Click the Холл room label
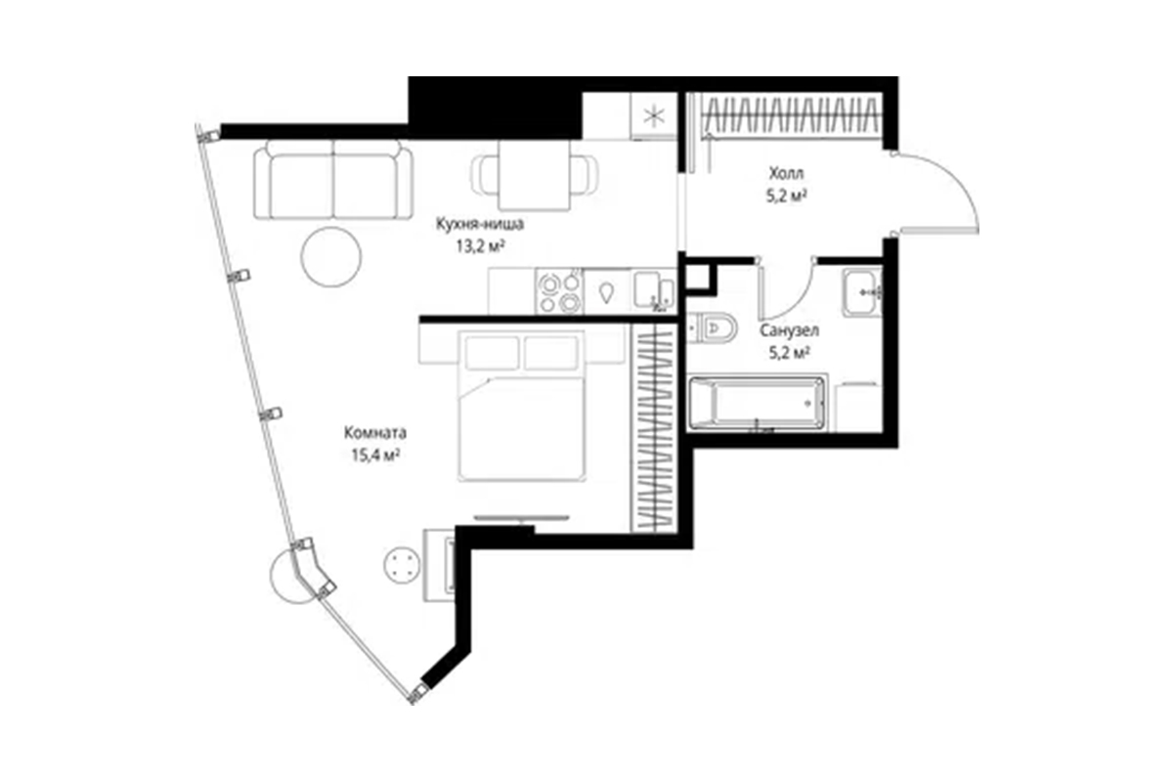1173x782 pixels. (x=786, y=173)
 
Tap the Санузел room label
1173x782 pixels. (x=790, y=331)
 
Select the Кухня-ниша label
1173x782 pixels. (x=480, y=224)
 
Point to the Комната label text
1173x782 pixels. (x=375, y=433)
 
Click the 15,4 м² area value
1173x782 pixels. (x=375, y=456)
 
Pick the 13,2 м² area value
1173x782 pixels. (x=480, y=245)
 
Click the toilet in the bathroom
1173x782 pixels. (x=712, y=327)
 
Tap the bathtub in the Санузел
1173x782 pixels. (x=758, y=404)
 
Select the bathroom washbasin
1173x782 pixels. (x=862, y=292)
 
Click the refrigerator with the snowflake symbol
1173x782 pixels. (x=654, y=116)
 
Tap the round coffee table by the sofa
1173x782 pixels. (x=331, y=257)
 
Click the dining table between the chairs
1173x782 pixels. (x=534, y=175)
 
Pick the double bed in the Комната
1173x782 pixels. (x=522, y=406)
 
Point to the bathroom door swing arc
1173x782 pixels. (x=802, y=300)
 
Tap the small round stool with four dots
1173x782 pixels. (x=402, y=566)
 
